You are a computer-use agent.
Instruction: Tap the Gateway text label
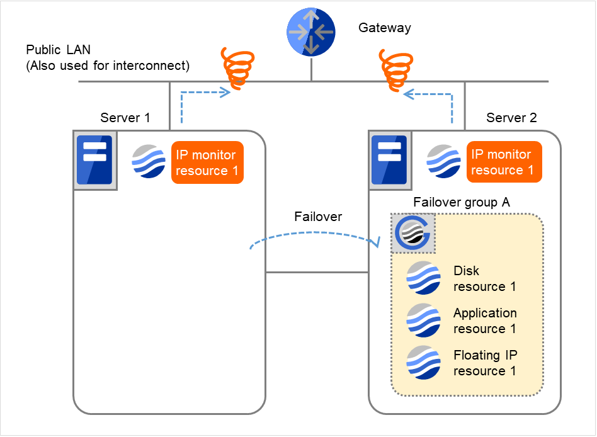click(384, 28)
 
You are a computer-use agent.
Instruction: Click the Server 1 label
click(125, 118)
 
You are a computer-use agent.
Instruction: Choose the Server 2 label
click(511, 118)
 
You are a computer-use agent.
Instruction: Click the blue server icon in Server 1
click(94, 161)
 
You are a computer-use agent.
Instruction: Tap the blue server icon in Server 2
click(389, 161)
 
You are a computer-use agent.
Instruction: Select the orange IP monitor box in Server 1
click(207, 162)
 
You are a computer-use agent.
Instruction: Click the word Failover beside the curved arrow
click(318, 217)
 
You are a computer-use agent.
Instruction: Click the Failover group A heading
click(461, 202)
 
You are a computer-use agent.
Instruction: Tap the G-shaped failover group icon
click(412, 232)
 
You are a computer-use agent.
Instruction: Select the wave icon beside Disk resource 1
click(423, 278)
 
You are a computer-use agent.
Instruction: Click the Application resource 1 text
click(485, 321)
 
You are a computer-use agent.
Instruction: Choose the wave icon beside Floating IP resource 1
click(423, 363)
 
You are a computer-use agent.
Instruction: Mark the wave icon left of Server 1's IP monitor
click(149, 161)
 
